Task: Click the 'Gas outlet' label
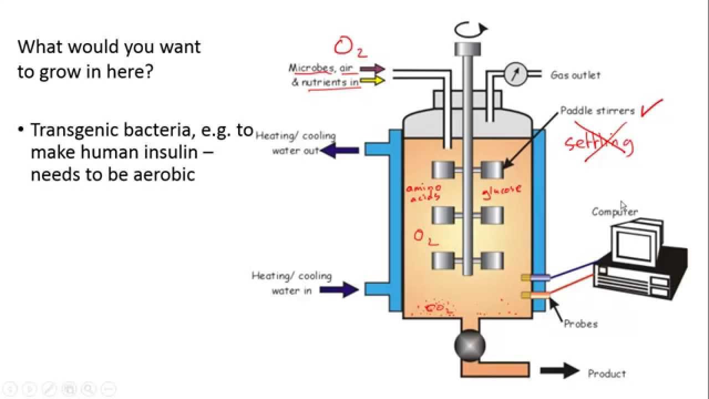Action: pos(575,75)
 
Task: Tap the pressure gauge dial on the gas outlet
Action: pos(516,74)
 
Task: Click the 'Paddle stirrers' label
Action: pos(598,111)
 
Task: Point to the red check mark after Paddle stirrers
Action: pos(650,107)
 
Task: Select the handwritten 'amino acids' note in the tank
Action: pos(424,192)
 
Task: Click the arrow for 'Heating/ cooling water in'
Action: pos(343,289)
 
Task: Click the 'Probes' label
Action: pos(580,324)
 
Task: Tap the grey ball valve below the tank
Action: pos(470,345)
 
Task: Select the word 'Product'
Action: pos(607,374)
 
